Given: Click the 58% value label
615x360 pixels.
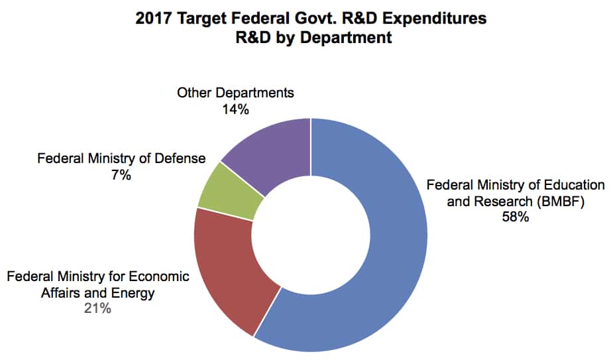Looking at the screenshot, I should (x=515, y=217).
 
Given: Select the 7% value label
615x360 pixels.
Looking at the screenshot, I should (x=121, y=175).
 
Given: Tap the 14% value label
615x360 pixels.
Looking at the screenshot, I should (x=235, y=109).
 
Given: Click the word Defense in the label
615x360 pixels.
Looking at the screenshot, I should (x=181, y=158).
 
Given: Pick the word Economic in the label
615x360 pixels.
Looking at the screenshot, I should (x=160, y=276).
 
